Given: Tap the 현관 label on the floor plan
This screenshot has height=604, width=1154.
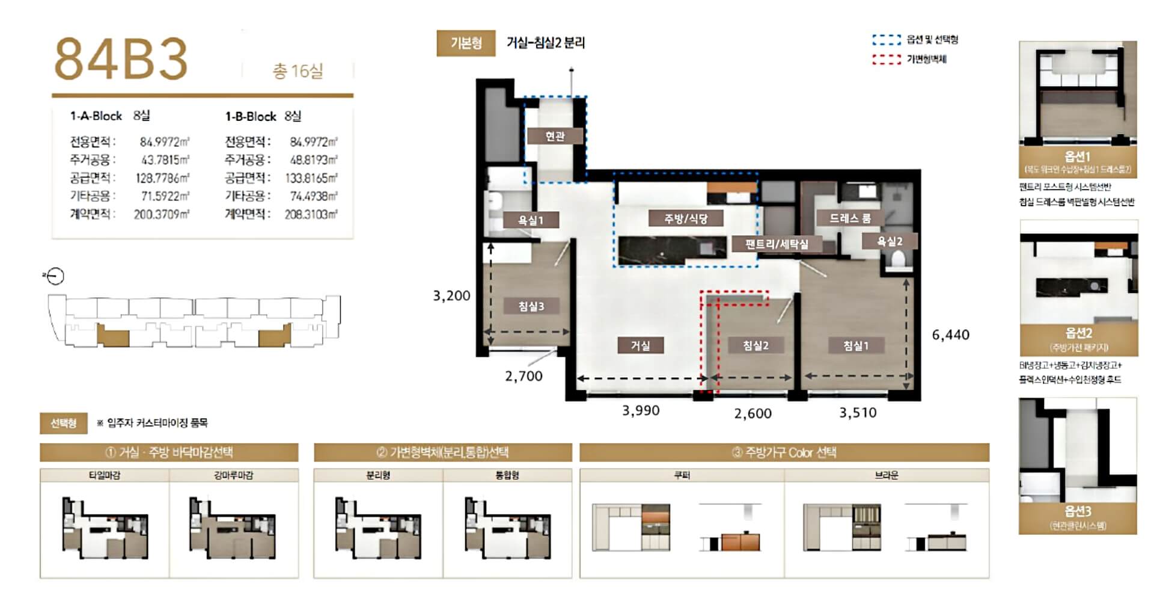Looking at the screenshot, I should (555, 137).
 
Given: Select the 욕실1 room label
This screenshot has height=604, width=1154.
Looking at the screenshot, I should (531, 220).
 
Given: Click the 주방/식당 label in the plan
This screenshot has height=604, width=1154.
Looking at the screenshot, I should (685, 218).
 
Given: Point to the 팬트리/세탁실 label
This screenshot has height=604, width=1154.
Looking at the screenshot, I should (777, 244).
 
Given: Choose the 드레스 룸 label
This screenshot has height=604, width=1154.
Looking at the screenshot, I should (850, 218).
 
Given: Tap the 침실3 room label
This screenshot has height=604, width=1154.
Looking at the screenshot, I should (531, 306).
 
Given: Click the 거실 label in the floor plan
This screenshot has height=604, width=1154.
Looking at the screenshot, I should (640, 345).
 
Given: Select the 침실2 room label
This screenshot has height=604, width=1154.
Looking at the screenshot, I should (756, 345).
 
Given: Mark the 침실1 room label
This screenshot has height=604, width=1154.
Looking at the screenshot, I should (855, 345).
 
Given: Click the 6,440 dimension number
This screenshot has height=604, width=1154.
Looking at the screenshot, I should (950, 335).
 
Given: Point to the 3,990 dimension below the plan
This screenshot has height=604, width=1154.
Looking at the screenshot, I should (641, 411).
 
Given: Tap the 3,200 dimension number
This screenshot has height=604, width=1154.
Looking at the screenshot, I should (451, 296).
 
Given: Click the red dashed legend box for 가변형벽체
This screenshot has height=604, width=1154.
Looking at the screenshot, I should (886, 59).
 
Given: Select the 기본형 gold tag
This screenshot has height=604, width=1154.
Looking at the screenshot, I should (466, 43).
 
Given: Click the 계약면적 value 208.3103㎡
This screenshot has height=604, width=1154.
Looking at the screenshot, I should (311, 214).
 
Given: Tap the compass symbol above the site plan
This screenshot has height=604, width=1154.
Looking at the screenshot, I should (55, 276).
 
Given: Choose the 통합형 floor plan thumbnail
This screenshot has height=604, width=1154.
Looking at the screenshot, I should (507, 528).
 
